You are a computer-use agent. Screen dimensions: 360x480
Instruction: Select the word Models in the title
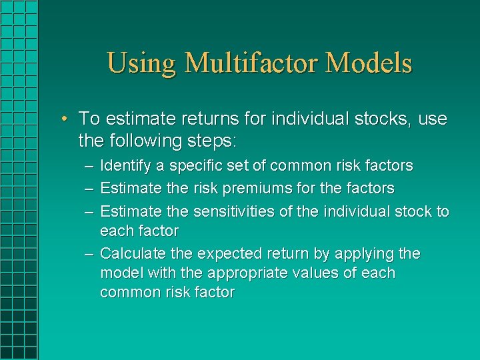tap(370, 63)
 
